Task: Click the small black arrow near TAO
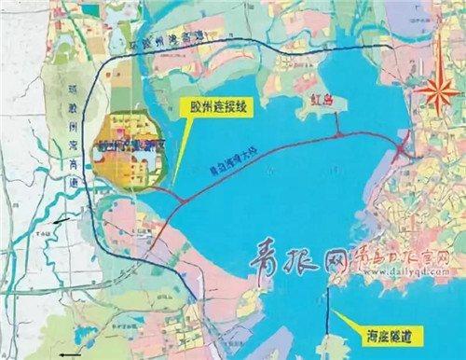pyautogui.click(x=61, y=222)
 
